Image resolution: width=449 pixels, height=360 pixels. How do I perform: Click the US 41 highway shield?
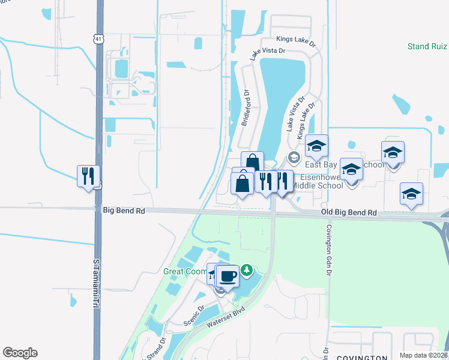(x=97, y=38)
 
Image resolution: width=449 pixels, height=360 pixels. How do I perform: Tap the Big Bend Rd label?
(x=124, y=211)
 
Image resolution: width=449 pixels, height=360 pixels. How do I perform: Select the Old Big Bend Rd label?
(x=348, y=213)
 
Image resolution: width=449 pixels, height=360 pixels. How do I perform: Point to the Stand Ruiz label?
(x=427, y=46)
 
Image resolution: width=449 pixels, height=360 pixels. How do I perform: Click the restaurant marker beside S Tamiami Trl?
(x=88, y=176)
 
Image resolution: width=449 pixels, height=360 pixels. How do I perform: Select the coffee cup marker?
(x=227, y=277)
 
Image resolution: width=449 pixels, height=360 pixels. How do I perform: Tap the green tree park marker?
(x=247, y=271)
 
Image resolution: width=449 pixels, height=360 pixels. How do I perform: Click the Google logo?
(x=20, y=353)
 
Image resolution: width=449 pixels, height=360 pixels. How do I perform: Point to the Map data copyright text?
(x=423, y=355)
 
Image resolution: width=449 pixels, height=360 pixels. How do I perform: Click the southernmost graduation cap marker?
(x=411, y=194)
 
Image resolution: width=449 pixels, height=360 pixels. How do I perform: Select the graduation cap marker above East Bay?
(x=316, y=146)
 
